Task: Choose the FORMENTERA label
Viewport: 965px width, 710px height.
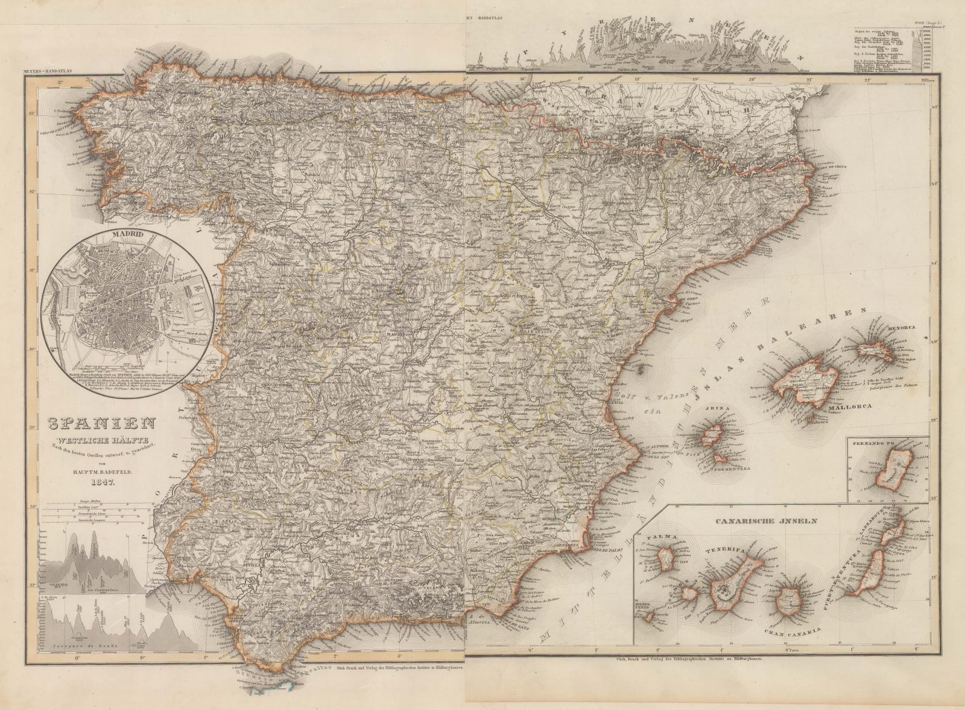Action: point(732,469)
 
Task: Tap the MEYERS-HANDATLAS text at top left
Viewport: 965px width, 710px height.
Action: point(48,74)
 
